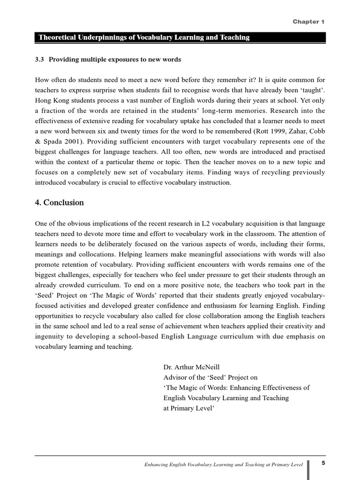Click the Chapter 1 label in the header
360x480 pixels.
coord(308,22)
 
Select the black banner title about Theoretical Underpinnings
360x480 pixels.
coord(143,37)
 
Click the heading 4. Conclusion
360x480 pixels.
coord(60,202)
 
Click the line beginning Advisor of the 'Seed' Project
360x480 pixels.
coord(210,377)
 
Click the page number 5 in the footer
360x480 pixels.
coord(323,463)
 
